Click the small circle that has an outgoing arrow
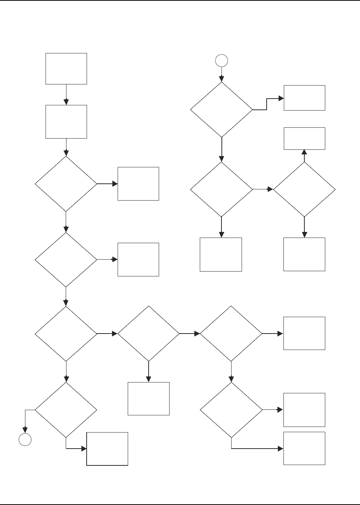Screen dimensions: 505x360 point(221,60)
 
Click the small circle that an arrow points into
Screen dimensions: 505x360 point(25,440)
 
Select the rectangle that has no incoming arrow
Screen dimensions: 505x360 point(66,69)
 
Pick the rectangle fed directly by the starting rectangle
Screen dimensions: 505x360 point(66,122)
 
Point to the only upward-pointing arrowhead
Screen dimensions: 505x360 point(304,152)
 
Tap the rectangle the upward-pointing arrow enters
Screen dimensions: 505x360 point(304,139)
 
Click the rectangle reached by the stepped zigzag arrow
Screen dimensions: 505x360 point(304,98)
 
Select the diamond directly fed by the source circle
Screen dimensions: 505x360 point(221,110)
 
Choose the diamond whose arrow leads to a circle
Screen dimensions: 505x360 point(66,410)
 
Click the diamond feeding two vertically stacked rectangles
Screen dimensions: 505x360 point(231,410)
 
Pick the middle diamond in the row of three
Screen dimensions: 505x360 point(149,334)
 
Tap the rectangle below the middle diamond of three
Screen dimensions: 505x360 point(149,399)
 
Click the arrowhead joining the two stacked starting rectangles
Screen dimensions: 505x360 point(66,102)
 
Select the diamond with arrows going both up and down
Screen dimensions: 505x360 point(304,189)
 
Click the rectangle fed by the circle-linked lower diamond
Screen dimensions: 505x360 point(107,449)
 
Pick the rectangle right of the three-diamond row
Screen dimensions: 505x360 point(304,333)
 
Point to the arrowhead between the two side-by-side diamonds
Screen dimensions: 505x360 point(270,189)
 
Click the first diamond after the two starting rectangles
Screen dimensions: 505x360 point(66,184)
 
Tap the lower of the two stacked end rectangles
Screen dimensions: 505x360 point(304,448)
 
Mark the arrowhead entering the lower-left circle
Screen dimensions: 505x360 point(25,430)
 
